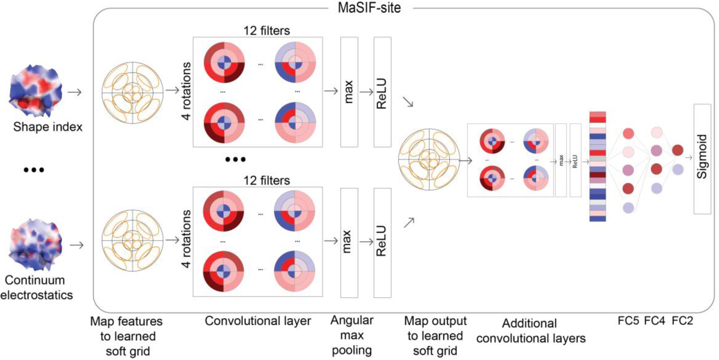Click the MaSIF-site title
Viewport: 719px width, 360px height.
click(369, 7)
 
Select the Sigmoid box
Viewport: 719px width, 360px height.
click(702, 158)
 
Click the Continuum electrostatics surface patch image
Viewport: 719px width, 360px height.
click(36, 245)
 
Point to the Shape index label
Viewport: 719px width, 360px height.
click(48, 127)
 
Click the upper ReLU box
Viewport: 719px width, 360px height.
click(382, 92)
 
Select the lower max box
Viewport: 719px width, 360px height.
click(349, 242)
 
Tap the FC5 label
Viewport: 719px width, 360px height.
click(628, 321)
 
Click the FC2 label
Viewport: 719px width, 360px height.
click(682, 321)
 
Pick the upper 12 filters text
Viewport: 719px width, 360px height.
click(267, 31)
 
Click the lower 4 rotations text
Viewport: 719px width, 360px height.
click(186, 239)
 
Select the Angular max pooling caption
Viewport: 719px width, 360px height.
click(351, 335)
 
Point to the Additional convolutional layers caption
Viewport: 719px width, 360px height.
click(530, 331)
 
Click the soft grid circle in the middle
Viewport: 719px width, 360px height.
click(429, 159)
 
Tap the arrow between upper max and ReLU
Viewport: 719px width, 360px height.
click(366, 92)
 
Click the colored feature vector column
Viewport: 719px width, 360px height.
click(597, 166)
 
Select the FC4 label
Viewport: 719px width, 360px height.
click(654, 321)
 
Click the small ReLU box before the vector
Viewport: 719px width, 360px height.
click(575, 160)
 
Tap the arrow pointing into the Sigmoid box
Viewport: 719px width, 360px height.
click(688, 158)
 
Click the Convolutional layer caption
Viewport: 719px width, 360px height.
click(258, 321)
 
